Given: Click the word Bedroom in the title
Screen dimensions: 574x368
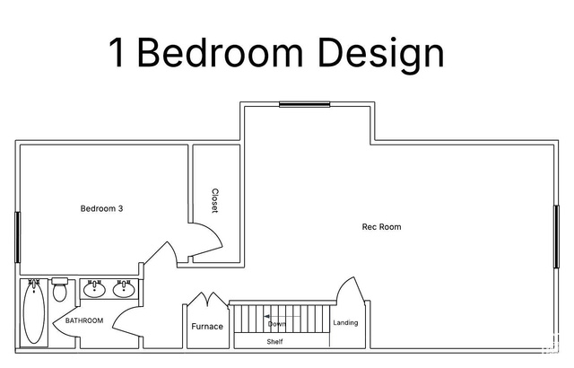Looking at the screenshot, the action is tap(220, 52).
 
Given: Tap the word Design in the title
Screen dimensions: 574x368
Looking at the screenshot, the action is tap(381, 56).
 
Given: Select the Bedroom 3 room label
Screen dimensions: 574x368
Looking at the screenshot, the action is tap(101, 209).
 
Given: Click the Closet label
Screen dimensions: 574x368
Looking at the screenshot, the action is tap(215, 201).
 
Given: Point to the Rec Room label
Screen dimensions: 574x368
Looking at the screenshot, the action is tap(381, 227).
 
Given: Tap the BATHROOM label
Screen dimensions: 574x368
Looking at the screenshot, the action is tap(84, 320).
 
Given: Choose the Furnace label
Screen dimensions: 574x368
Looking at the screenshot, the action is tap(207, 326).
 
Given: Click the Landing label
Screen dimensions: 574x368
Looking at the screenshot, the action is tap(345, 322).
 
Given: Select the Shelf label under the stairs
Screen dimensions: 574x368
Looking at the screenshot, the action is tap(274, 342).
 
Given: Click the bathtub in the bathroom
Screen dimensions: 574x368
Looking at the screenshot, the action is tap(34, 312).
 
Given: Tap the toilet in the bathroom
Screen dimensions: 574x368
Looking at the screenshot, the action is tap(59, 289).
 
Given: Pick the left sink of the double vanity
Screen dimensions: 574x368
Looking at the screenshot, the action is tap(94, 289).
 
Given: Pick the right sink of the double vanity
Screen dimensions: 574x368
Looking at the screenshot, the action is tap(124, 289).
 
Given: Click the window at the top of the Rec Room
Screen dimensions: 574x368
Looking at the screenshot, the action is tap(305, 104).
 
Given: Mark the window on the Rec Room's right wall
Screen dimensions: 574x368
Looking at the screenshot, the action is tap(556, 237).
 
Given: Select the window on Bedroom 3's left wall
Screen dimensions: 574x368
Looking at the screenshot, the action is tap(17, 237).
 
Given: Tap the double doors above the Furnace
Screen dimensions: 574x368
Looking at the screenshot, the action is tap(208, 300).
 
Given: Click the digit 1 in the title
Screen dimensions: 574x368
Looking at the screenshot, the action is tap(117, 52).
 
